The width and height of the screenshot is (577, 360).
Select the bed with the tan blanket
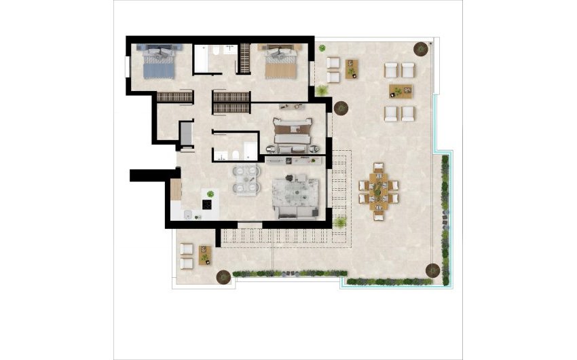(x=280, y=63)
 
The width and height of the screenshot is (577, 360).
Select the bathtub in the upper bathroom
(x=205, y=58)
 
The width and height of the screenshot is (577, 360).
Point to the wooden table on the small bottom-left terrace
(x=204, y=255)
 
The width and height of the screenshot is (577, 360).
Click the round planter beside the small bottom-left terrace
(x=222, y=277)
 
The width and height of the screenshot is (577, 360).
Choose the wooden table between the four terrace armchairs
(x=400, y=91)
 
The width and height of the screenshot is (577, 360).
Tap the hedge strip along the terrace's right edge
(x=445, y=217)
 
